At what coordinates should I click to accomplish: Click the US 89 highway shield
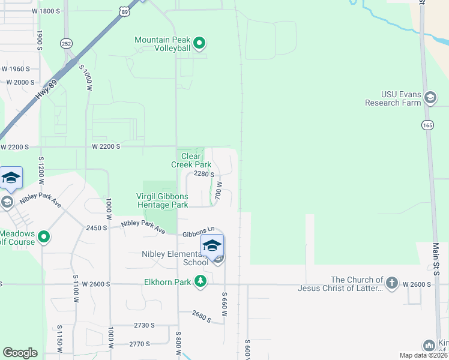click(x=124, y=11)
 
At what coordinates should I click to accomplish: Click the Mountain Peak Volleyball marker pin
click(x=200, y=43)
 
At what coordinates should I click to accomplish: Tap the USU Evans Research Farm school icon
click(x=430, y=97)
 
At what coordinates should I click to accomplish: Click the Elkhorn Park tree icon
click(x=200, y=281)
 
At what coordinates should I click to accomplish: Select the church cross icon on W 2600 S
click(x=391, y=282)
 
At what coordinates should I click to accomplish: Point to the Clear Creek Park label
click(x=191, y=160)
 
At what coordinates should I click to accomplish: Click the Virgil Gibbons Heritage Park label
click(x=162, y=200)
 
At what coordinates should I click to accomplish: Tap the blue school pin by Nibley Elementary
click(x=212, y=246)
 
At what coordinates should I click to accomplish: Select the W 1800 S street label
click(x=47, y=11)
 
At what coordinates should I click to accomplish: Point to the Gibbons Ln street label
click(x=199, y=230)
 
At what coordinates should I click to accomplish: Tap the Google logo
click(x=20, y=352)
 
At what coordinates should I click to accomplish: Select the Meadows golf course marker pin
click(x=44, y=238)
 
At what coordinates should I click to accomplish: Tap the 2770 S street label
click(x=139, y=344)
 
